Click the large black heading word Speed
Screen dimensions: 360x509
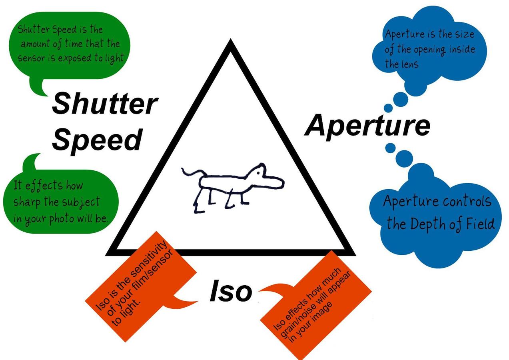(97, 139)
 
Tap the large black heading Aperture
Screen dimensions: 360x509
(367, 125)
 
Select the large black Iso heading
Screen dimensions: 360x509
(231, 292)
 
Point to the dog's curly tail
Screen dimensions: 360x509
(192, 172)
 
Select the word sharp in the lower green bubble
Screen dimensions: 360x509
(28, 201)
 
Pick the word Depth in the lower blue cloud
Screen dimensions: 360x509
(427, 224)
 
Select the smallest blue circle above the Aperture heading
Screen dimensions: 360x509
(388, 108)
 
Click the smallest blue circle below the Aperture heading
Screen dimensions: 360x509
(390, 148)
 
